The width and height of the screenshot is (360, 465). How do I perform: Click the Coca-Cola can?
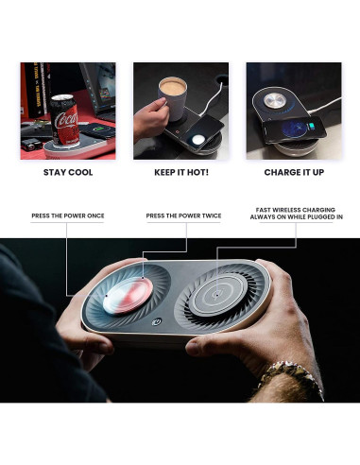(x=65, y=120)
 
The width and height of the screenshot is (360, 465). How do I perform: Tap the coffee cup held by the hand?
(x=173, y=99)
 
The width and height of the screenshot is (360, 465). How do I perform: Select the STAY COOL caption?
(x=68, y=172)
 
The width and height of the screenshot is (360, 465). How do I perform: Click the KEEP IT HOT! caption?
(x=181, y=172)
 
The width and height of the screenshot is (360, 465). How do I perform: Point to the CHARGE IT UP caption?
(x=294, y=172)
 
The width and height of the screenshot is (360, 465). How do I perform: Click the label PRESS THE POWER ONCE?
(x=68, y=215)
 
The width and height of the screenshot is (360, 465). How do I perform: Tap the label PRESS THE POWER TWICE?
(x=183, y=215)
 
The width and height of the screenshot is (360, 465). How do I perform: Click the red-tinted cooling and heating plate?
(x=128, y=296)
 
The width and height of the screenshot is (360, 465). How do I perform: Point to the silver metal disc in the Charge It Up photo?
(x=275, y=101)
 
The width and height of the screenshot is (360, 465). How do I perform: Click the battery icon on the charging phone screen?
(x=312, y=127)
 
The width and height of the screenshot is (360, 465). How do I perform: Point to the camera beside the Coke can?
(x=31, y=145)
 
